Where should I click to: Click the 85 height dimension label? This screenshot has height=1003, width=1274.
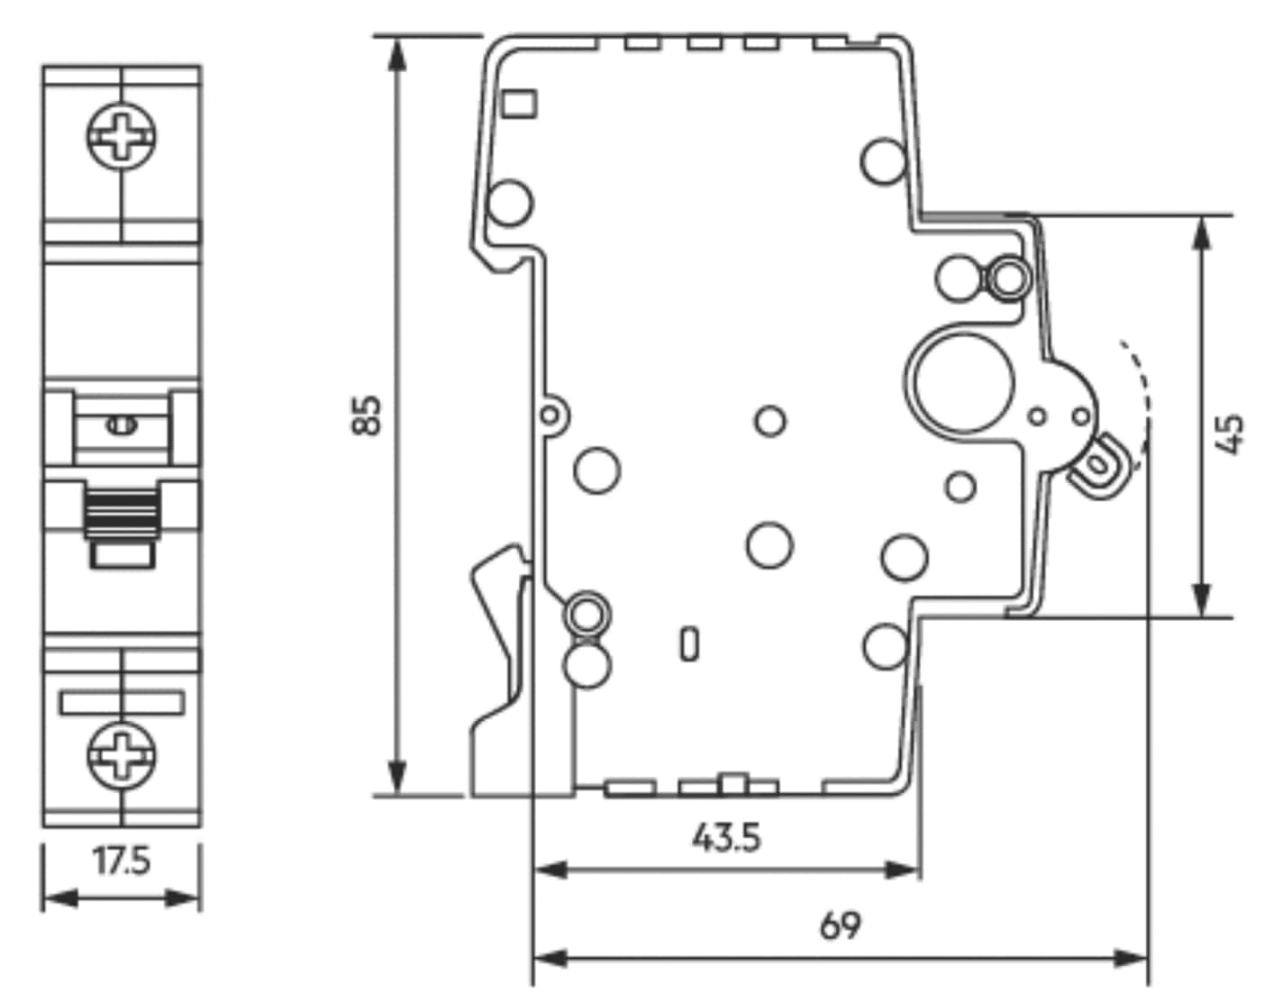[x=368, y=415]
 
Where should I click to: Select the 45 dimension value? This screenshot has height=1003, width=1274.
[x=1231, y=433]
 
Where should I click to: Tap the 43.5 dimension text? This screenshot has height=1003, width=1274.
[x=726, y=837]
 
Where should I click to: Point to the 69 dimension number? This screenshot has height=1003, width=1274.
[x=840, y=925]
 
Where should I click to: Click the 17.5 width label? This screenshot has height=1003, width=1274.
[x=123, y=862]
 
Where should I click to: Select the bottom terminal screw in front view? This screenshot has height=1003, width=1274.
[x=121, y=753]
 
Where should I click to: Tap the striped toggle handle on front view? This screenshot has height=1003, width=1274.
[x=121, y=515]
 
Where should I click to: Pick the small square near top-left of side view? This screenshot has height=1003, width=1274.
[x=519, y=104]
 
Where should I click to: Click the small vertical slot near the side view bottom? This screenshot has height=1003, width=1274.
[x=689, y=643]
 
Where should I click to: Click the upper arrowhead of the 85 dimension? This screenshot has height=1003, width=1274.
[x=396, y=52]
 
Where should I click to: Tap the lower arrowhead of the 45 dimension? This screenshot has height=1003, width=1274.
[x=1201, y=600]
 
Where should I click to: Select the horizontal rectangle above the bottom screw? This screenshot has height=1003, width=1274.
[x=123, y=702]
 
